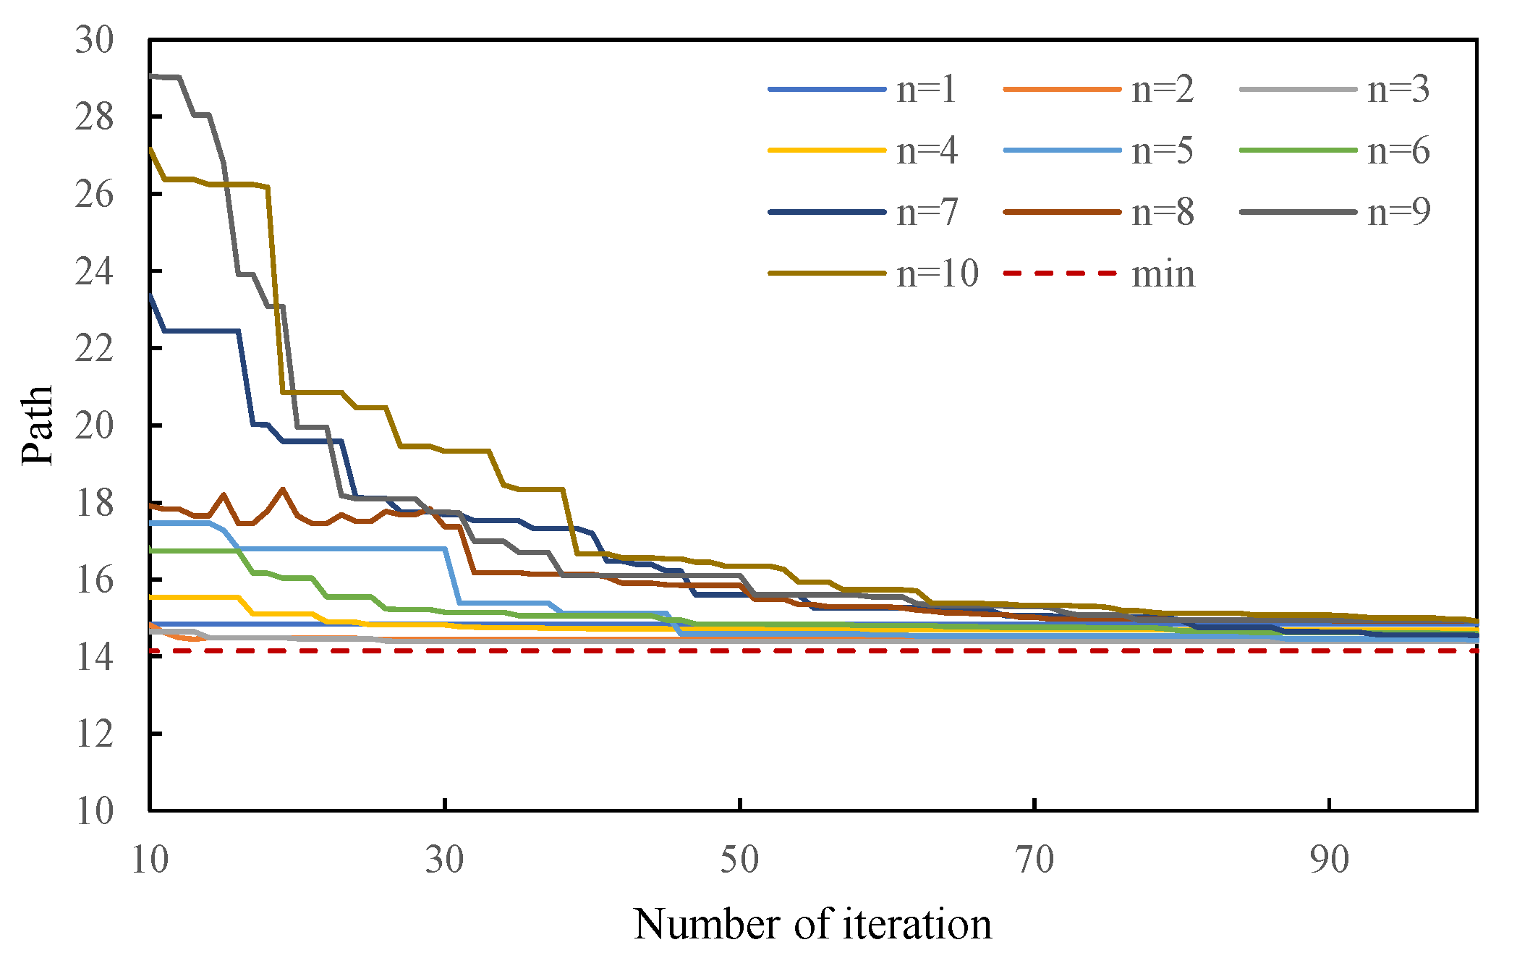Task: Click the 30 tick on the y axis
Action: (94, 40)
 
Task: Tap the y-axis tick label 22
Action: (94, 349)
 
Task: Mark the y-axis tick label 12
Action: (94, 734)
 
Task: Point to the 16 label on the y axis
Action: (94, 580)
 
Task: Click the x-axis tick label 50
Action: (739, 860)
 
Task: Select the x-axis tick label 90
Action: (1330, 860)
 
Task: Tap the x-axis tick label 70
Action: (1034, 860)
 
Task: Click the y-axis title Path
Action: (38, 425)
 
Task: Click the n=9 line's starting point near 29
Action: (151, 75)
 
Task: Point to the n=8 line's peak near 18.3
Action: (283, 490)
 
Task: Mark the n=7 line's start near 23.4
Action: (150, 295)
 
